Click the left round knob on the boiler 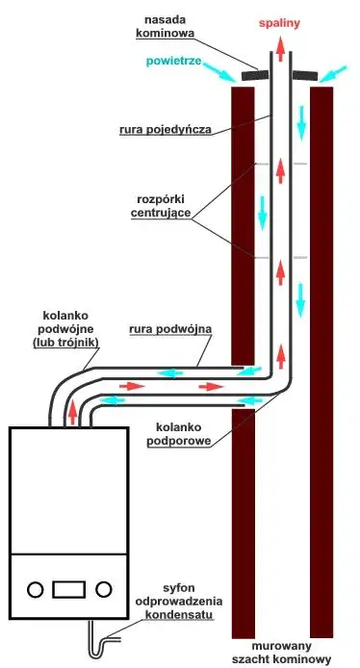35,588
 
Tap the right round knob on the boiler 105,588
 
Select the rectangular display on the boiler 69,588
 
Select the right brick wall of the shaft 321,366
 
